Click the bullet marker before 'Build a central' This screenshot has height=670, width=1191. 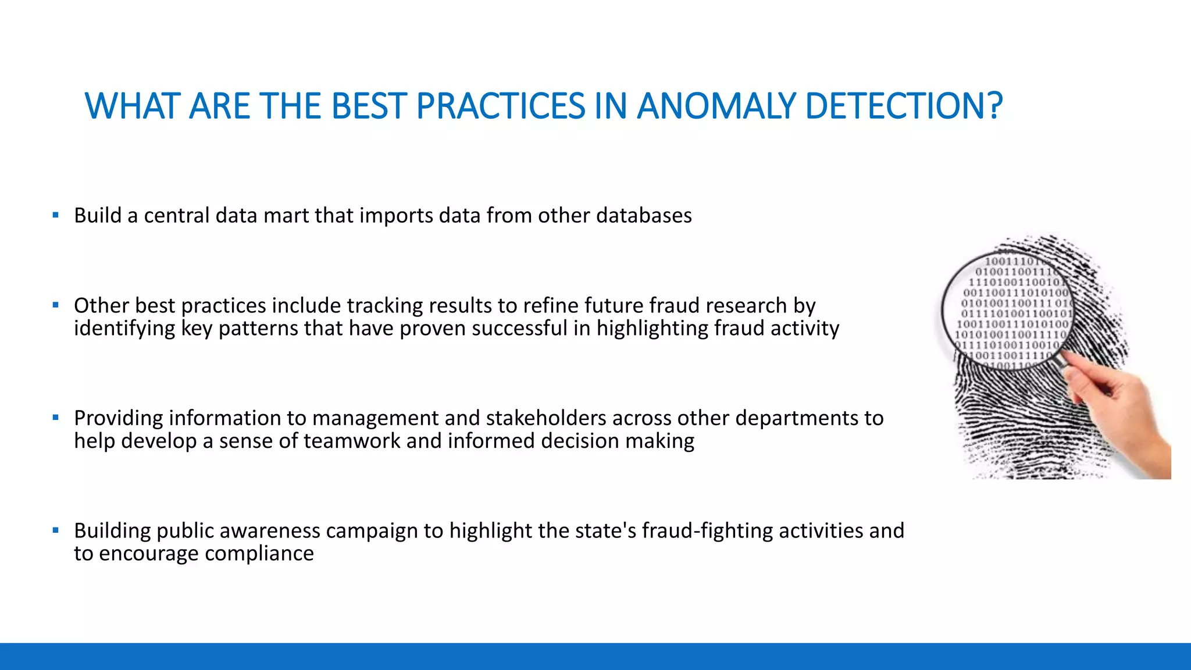click(x=55, y=215)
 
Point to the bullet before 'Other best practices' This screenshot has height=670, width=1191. click(x=55, y=305)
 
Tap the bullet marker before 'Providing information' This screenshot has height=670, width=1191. click(x=55, y=418)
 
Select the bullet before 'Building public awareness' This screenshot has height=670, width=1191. click(x=55, y=530)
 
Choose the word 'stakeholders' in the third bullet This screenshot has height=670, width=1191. click(x=545, y=418)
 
